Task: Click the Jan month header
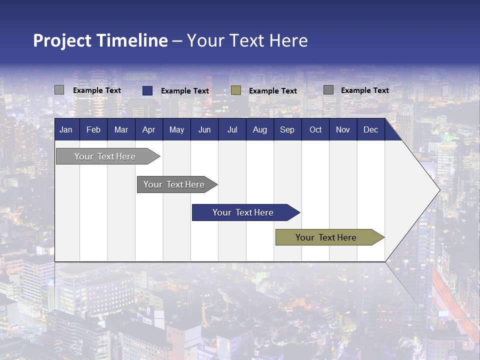tap(66, 130)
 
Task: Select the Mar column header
tap(121, 130)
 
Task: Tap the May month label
tap(176, 130)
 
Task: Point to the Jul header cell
tap(232, 130)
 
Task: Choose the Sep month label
tap(287, 130)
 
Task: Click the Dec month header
tap(370, 130)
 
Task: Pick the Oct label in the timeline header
tap(315, 130)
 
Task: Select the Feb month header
tap(93, 130)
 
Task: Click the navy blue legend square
tap(147, 90)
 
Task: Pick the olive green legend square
tap(236, 90)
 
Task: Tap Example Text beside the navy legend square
tap(185, 91)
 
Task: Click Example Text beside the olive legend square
tap(273, 91)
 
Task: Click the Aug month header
tap(259, 130)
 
